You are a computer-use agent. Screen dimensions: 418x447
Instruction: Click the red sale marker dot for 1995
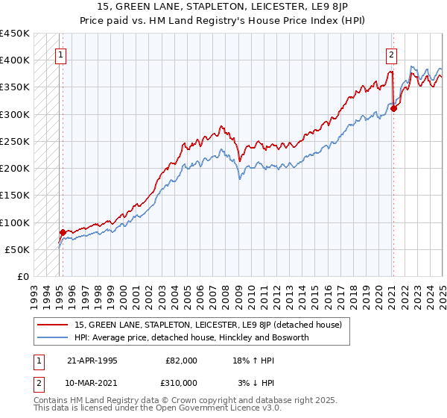click(63, 232)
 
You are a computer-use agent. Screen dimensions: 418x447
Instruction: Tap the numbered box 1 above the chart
click(60, 53)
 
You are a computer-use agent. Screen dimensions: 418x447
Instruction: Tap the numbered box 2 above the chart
click(390, 53)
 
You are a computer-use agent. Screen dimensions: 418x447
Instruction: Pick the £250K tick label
click(15, 141)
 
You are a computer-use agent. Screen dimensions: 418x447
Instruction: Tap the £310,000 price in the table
click(182, 383)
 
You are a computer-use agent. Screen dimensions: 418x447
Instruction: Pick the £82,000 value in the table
click(182, 361)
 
